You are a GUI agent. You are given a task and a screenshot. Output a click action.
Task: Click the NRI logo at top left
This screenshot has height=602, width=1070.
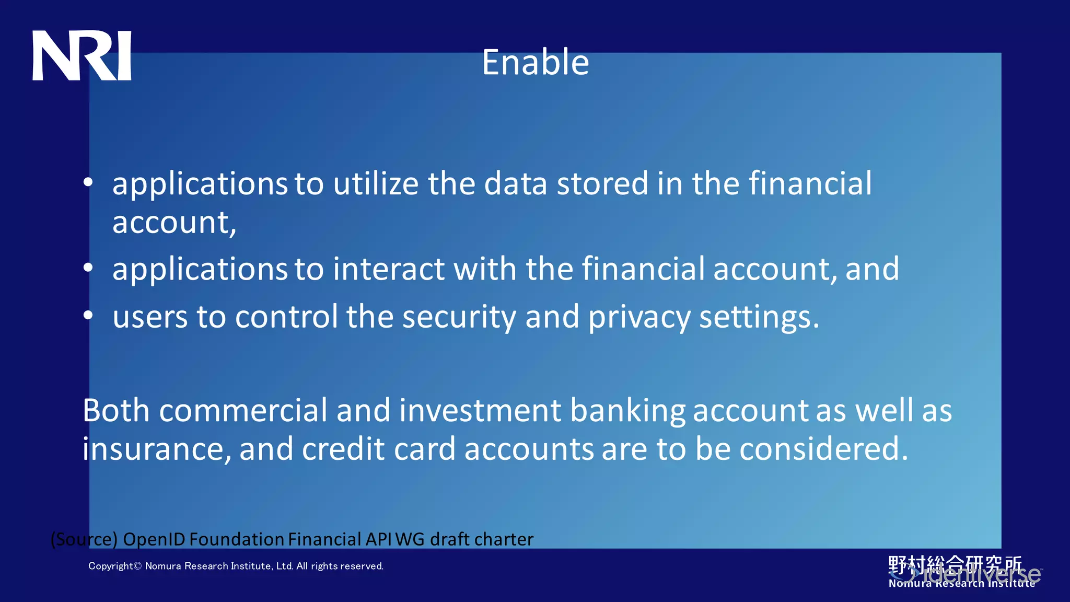(82, 55)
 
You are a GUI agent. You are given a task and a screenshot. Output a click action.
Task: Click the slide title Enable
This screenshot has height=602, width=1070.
(535, 62)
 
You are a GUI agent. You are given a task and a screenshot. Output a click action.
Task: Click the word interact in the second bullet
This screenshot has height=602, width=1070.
(389, 269)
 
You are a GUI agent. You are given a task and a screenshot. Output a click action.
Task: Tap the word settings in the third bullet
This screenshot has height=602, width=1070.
(759, 317)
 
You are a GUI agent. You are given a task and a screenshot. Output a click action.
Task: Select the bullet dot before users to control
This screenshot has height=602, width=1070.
(88, 315)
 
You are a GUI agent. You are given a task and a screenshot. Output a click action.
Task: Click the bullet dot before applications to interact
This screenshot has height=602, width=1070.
(88, 268)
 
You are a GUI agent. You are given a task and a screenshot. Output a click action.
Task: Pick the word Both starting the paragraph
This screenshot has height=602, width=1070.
(116, 410)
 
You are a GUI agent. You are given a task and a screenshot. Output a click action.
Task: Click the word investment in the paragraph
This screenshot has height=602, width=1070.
(480, 410)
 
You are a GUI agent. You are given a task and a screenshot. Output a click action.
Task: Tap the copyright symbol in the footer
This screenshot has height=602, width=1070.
(138, 566)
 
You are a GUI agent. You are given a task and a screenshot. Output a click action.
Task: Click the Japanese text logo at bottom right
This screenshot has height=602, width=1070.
(955, 565)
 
